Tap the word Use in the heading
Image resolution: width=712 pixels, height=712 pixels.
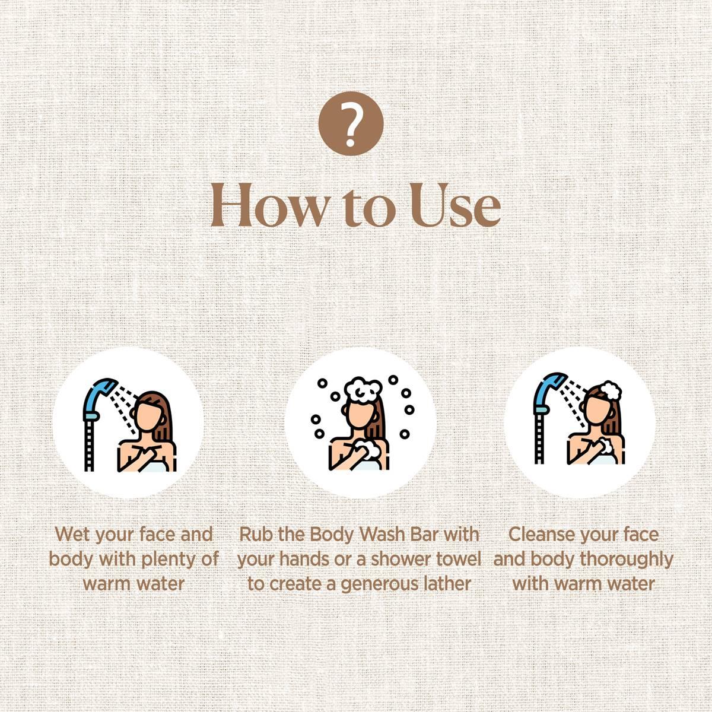coord(456,205)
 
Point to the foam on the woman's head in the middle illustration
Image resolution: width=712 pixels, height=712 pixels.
coord(363,390)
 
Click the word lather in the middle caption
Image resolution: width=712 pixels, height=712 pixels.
coord(450,584)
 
